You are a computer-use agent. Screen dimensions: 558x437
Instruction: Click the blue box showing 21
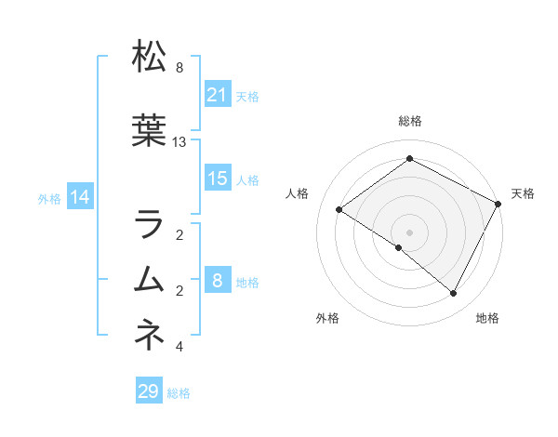[x=218, y=95]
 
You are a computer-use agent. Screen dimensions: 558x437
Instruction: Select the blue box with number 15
[x=218, y=179]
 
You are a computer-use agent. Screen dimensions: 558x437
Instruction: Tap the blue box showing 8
[x=218, y=281]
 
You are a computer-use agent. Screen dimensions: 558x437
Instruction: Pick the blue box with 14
[x=80, y=197]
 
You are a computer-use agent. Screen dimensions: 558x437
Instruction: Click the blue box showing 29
[x=148, y=391]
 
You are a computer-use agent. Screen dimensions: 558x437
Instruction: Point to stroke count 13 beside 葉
[x=179, y=142]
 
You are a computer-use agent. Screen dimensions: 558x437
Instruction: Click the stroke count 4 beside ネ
[x=179, y=347]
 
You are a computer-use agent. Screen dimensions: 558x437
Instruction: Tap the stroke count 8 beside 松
[x=179, y=68]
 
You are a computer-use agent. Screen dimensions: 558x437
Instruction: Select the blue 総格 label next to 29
[x=179, y=393]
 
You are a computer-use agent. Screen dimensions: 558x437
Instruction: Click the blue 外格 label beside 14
[x=49, y=198]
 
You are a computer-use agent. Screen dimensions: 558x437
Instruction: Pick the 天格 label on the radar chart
[x=523, y=193]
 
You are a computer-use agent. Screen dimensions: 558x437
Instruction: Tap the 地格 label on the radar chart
[x=487, y=318]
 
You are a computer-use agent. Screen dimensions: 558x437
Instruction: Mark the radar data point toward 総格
[x=409, y=159]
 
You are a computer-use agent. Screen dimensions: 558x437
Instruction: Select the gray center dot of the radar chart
[x=409, y=232]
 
